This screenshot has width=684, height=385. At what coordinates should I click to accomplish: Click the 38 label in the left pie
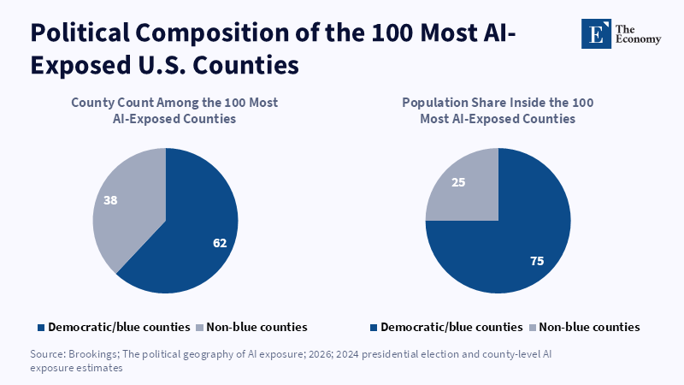110,200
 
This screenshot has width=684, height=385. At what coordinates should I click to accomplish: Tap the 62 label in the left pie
220,243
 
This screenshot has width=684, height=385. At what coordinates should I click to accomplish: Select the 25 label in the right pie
458,182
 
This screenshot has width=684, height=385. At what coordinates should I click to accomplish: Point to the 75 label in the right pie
537,261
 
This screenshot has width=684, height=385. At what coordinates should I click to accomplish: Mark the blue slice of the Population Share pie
515,245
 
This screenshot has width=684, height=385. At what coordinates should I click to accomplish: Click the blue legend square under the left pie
41,328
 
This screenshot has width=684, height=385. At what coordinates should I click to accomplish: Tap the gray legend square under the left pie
200,328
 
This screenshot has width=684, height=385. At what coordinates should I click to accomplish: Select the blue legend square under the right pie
374,328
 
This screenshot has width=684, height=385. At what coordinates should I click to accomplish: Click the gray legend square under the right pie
533,328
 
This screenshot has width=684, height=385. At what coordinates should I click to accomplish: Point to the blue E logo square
596,33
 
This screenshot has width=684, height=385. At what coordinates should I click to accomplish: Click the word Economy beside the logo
638,39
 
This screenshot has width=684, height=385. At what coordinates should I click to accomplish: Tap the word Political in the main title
80,33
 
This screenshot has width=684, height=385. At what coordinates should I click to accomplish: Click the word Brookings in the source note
94,354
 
